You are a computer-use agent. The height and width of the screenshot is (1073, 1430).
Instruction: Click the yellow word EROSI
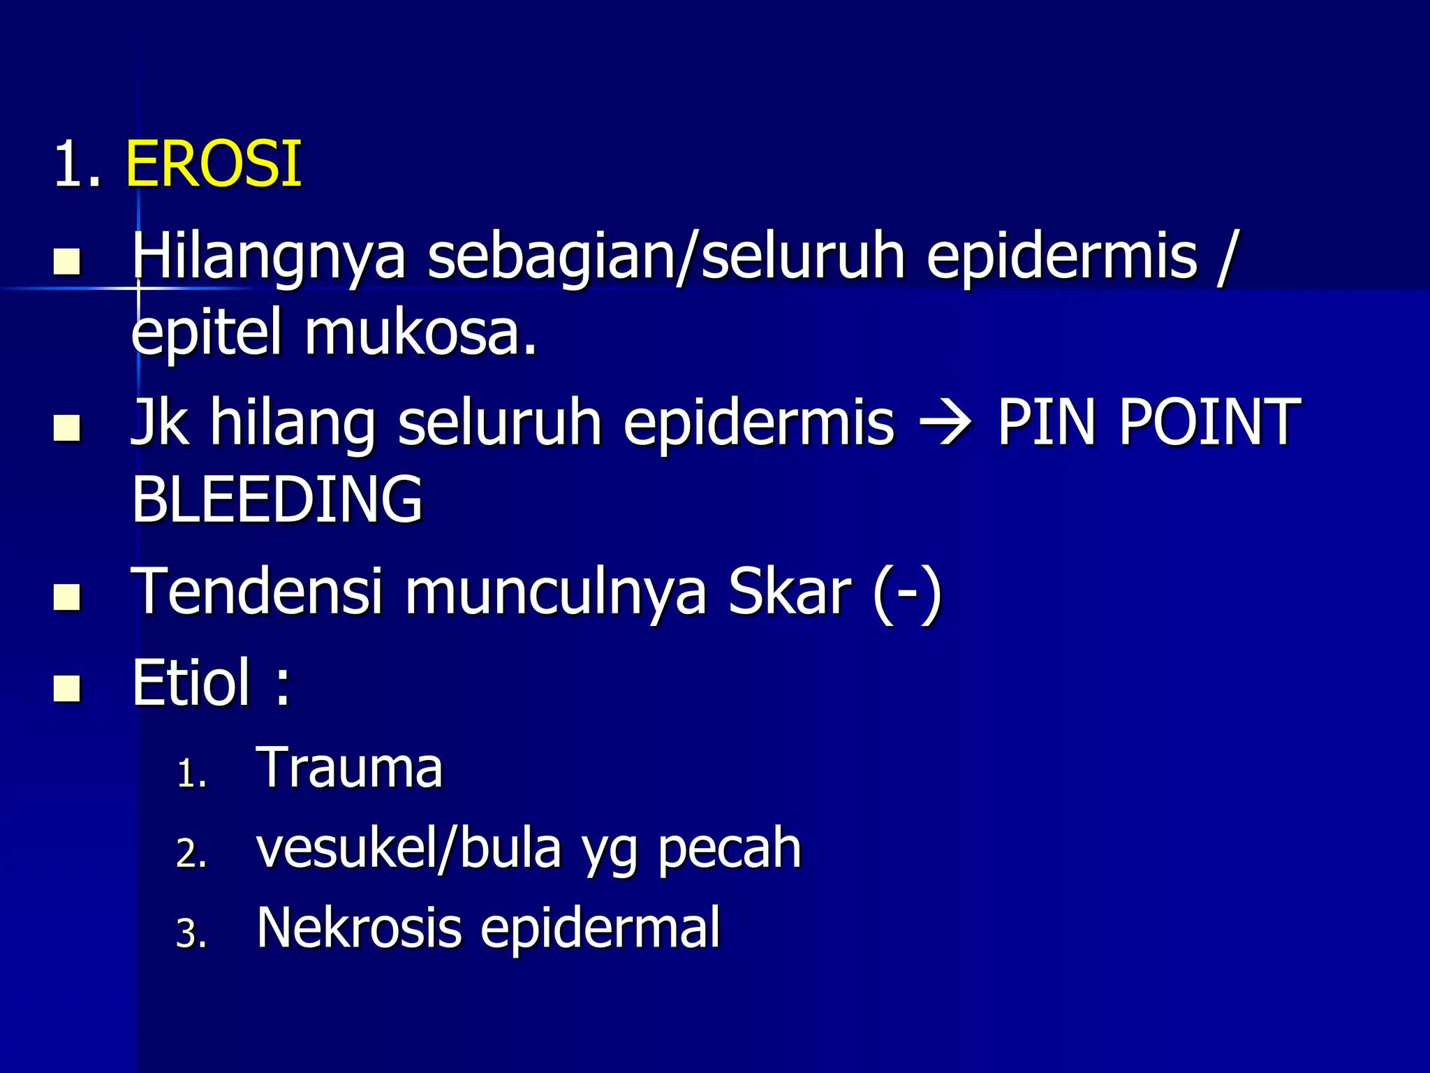(214, 165)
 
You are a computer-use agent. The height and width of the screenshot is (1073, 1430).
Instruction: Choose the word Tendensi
(257, 592)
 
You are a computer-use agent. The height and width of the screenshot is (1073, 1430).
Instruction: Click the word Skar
(789, 592)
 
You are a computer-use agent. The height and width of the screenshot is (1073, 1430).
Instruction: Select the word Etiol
(191, 683)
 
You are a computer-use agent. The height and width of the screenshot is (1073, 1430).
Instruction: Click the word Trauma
(350, 768)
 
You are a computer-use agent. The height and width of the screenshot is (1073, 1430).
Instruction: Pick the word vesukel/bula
(409, 849)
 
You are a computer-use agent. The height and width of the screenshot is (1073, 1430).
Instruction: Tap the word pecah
(730, 849)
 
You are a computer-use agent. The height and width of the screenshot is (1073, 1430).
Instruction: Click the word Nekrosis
(359, 928)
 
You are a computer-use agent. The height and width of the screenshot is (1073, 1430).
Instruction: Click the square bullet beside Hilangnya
(67, 262)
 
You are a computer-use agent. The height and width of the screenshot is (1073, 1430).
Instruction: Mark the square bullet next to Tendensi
(67, 597)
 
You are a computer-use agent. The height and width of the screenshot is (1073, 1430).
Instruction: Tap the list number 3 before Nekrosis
(191, 934)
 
